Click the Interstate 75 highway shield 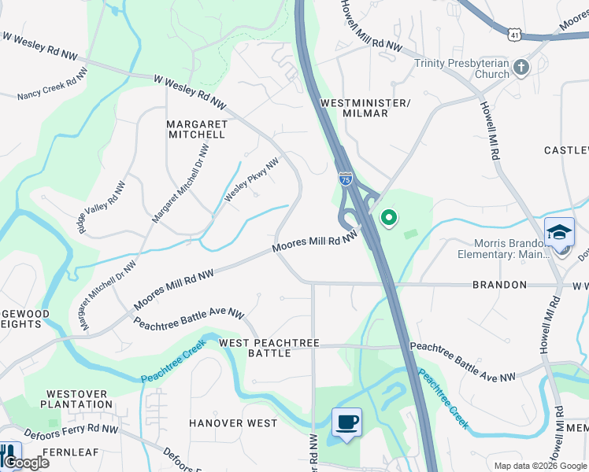pyautogui.click(x=345, y=179)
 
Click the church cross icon pyautogui.click(x=520, y=68)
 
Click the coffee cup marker pyautogui.click(x=346, y=422)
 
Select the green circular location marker pyautogui.click(x=387, y=218)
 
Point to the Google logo pyautogui.click(x=25, y=462)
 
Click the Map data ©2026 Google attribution pyautogui.click(x=539, y=466)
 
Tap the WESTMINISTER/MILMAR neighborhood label pyautogui.click(x=365, y=108)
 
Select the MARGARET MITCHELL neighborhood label pyautogui.click(x=196, y=129)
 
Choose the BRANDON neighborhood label pyautogui.click(x=499, y=285)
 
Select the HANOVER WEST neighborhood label pyautogui.click(x=233, y=423)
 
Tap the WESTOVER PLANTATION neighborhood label pyautogui.click(x=79, y=399)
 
